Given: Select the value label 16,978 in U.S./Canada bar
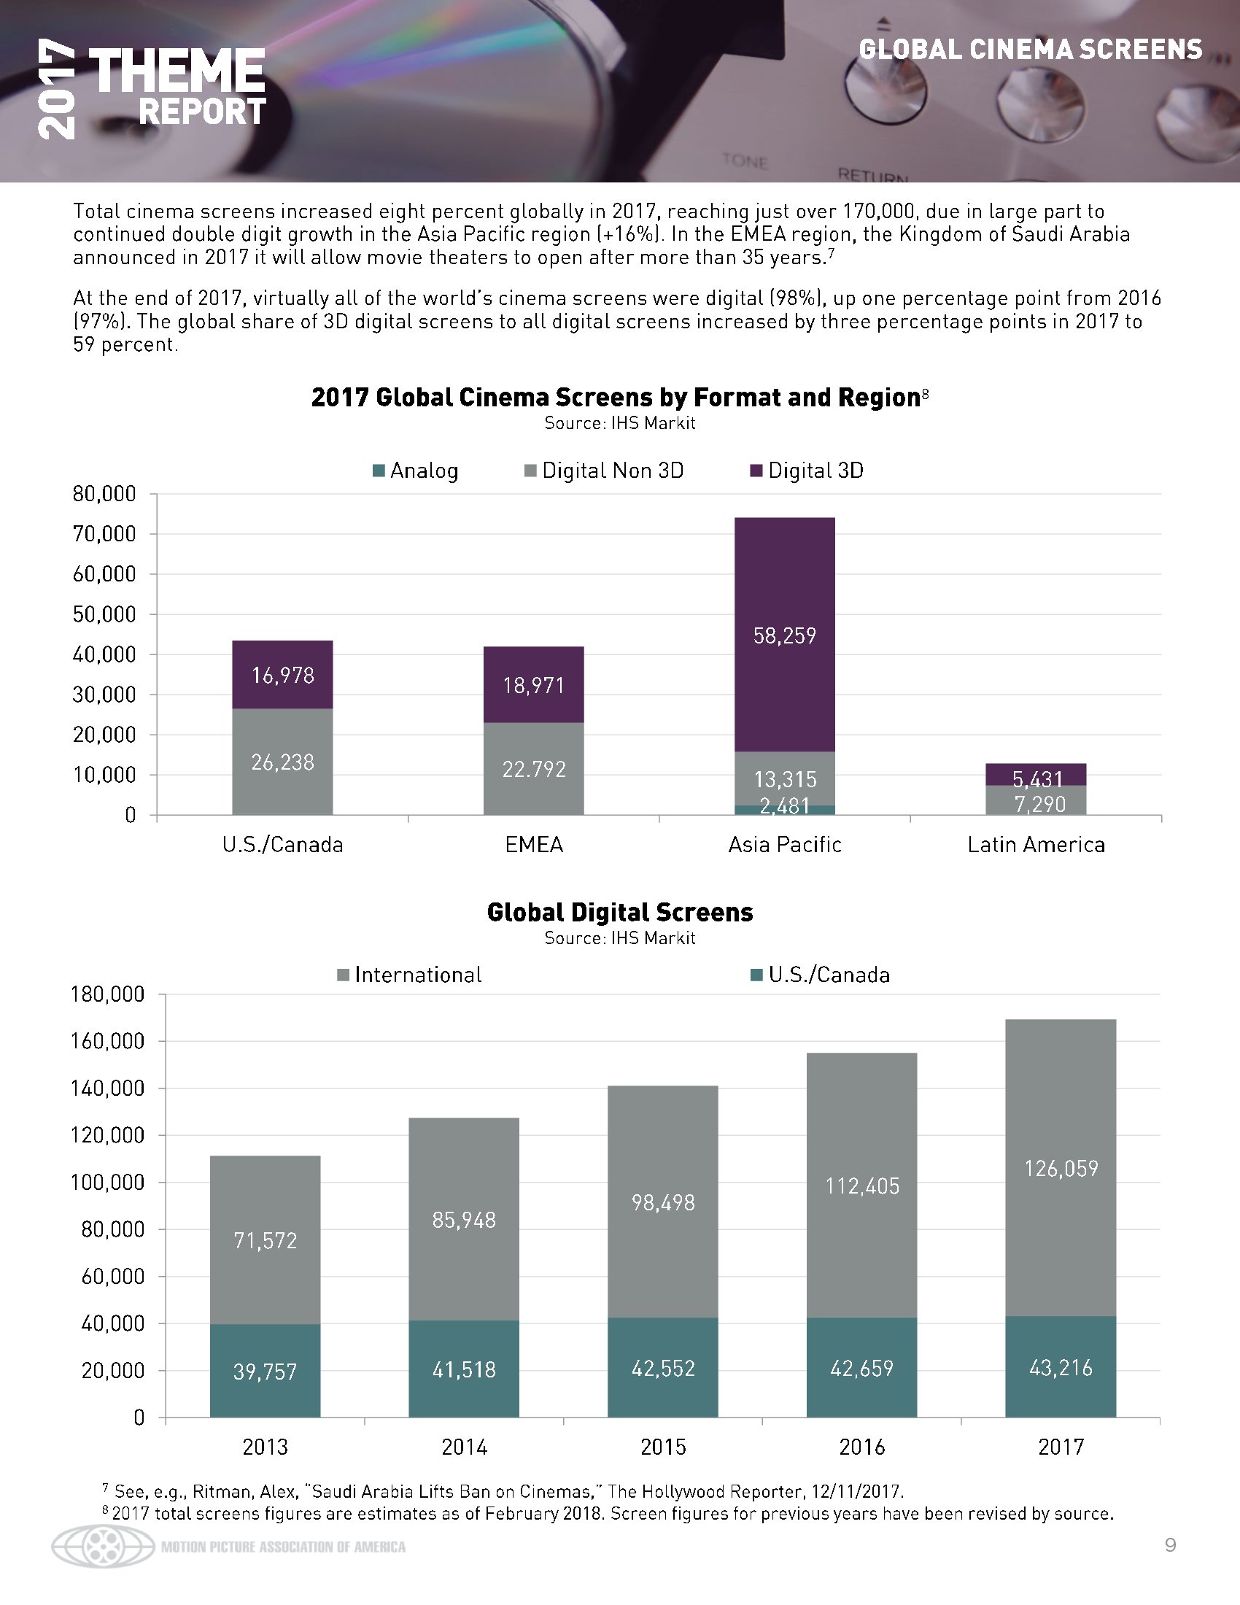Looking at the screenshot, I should (x=283, y=676).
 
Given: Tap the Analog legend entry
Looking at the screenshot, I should (x=416, y=471).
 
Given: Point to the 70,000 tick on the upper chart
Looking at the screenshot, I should (x=104, y=534).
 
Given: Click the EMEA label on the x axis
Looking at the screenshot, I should (x=534, y=845).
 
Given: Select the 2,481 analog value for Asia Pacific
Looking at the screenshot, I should (x=785, y=807).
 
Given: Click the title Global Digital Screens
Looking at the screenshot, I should (x=620, y=913).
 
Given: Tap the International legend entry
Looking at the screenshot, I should (x=409, y=975).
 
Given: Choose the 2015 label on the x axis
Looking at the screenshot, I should (x=662, y=1447).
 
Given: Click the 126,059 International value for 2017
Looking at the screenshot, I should (x=1061, y=1169).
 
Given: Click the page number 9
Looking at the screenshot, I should (x=1170, y=1545).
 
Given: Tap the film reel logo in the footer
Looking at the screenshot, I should (x=103, y=1547).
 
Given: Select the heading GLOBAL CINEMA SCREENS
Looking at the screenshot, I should (x=1030, y=50).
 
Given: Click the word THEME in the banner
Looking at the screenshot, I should (x=177, y=72).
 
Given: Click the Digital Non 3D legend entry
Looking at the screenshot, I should (x=604, y=471).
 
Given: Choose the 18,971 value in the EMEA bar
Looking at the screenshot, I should (x=534, y=686).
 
